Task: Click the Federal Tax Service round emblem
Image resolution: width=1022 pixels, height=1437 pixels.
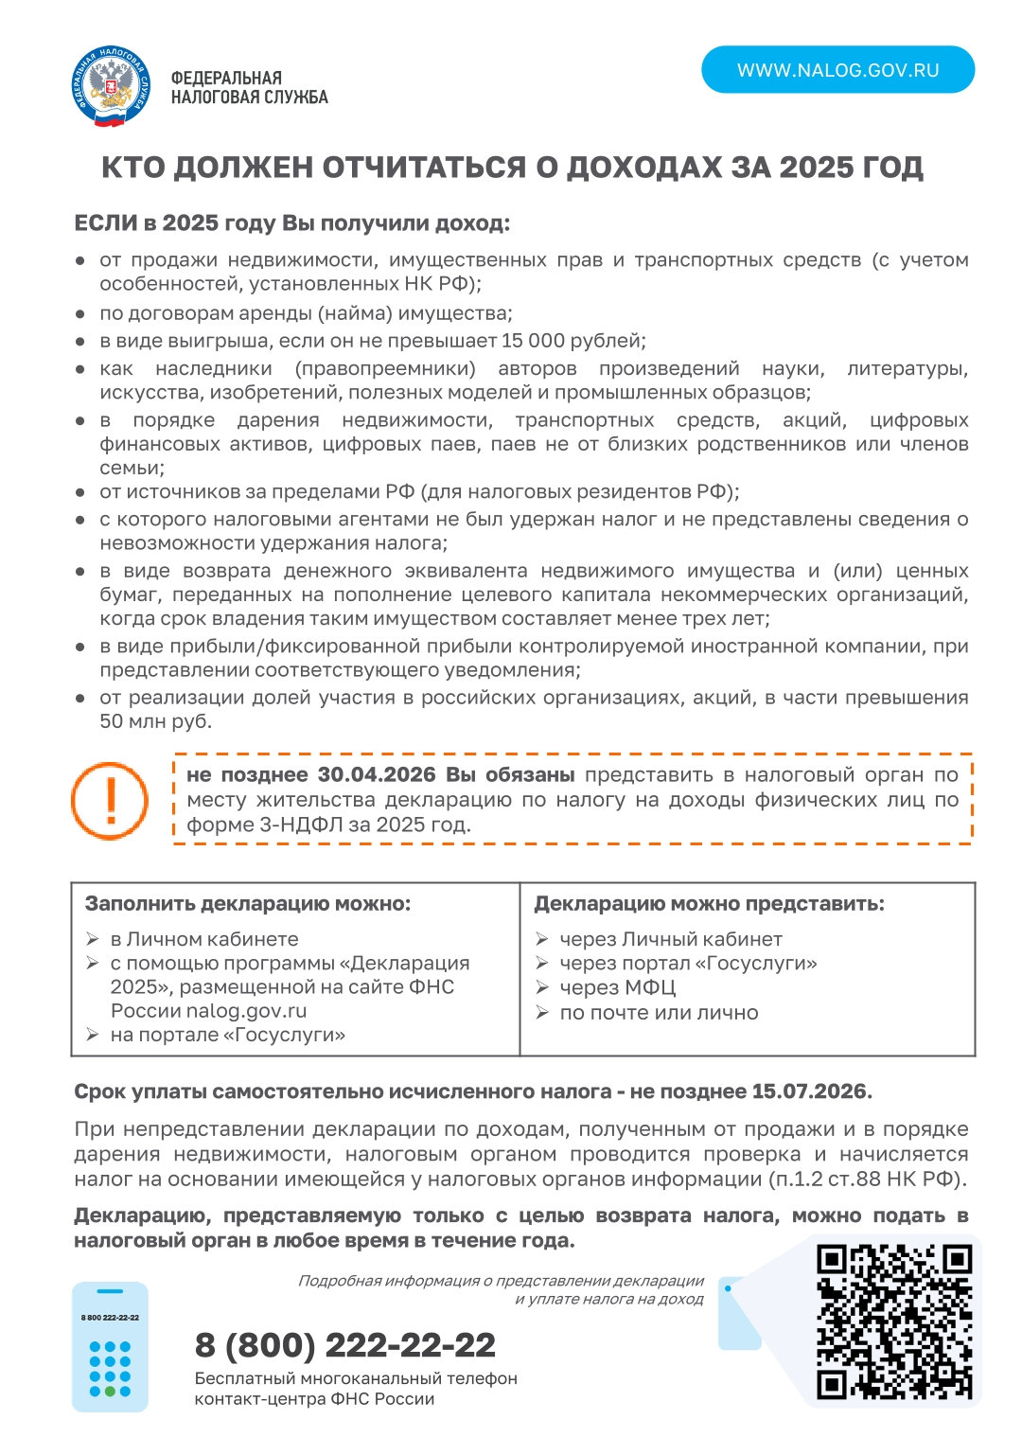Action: pyautogui.click(x=111, y=87)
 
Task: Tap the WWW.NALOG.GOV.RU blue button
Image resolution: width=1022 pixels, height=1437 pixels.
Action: pyautogui.click(x=837, y=70)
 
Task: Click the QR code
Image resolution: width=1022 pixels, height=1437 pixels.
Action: pyautogui.click(x=894, y=1322)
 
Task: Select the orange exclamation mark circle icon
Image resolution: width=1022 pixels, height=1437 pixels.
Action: pyautogui.click(x=110, y=800)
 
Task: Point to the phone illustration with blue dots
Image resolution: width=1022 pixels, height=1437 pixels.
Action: pyautogui.click(x=110, y=1346)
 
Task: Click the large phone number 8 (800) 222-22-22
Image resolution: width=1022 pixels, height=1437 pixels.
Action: pyautogui.click(x=344, y=1345)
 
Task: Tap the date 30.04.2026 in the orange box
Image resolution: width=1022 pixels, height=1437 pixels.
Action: pyautogui.click(x=379, y=774)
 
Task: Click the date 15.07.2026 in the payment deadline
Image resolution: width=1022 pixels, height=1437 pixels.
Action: pyautogui.click(x=810, y=1091)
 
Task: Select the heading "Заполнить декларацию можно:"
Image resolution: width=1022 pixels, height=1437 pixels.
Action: pyautogui.click(x=248, y=904)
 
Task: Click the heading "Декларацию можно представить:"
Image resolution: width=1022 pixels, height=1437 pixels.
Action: pyautogui.click(x=709, y=904)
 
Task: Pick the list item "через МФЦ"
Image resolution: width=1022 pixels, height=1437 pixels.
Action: pyautogui.click(x=617, y=987)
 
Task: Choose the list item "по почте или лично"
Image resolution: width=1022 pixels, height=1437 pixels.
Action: pyautogui.click(x=659, y=1012)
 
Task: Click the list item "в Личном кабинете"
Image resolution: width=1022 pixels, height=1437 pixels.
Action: pyautogui.click(x=204, y=939)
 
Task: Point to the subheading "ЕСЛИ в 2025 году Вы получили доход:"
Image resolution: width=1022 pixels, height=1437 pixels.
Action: pyautogui.click(x=291, y=224)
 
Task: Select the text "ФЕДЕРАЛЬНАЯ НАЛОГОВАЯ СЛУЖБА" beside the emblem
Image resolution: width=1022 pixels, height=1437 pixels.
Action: pyautogui.click(x=249, y=87)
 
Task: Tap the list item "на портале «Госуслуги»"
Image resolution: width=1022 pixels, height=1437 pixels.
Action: pyautogui.click(x=227, y=1035)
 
